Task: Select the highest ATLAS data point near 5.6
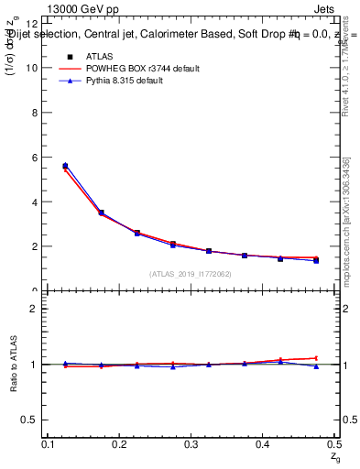[65, 166]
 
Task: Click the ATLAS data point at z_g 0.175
[101, 213]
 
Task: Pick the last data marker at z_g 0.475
[316, 260]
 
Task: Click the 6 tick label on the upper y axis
[34, 158]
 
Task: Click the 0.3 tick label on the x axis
[191, 443]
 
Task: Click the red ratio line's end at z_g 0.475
[316, 358]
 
